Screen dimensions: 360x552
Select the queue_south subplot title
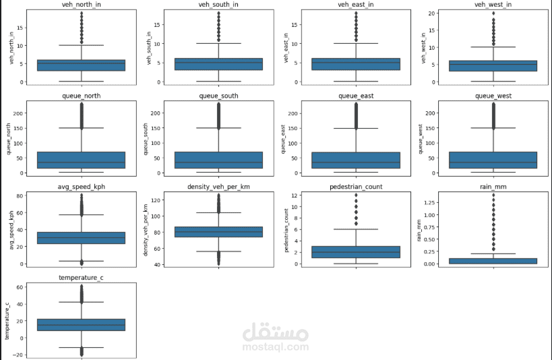218,96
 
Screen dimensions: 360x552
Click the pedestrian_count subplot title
356,186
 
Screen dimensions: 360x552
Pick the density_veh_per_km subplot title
218,186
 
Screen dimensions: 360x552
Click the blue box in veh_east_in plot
356,64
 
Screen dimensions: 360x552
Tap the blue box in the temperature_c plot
82,324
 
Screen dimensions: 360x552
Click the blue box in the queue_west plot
493,160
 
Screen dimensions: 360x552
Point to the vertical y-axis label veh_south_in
146,48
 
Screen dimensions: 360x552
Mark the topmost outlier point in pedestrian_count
356,196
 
